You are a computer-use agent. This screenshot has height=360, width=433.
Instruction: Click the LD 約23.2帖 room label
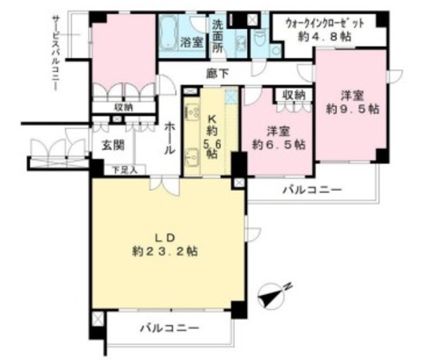pos(166,244)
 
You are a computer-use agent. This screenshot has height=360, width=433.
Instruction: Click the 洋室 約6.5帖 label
pos(277,137)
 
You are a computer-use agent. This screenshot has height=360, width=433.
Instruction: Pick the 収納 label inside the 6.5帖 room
pos(294,95)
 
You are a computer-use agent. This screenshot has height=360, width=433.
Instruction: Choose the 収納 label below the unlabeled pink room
pos(123,107)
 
